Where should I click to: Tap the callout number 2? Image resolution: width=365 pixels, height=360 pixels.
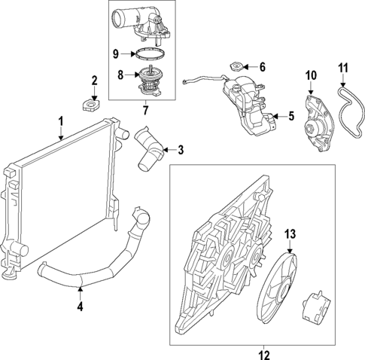pyautogui.click(x=94, y=81)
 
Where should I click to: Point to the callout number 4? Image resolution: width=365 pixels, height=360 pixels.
pyautogui.click(x=81, y=308)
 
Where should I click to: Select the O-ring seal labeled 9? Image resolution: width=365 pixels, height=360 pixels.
pyautogui.click(x=146, y=54)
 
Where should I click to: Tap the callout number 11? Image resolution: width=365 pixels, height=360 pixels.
pyautogui.click(x=343, y=74)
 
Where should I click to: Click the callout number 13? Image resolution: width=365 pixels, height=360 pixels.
pyautogui.click(x=290, y=234)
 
